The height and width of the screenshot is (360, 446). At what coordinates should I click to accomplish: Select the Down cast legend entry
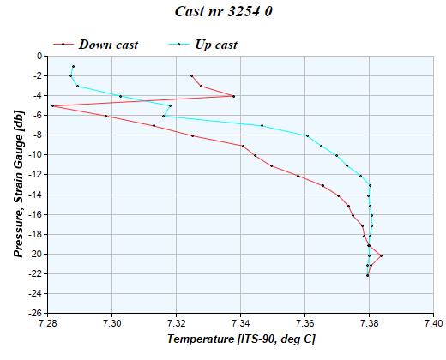108,44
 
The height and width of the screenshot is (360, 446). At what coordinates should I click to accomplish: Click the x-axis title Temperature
240,339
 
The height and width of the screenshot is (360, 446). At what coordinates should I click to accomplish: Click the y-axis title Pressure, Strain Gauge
19,184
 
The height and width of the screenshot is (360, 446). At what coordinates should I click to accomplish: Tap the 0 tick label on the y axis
39,56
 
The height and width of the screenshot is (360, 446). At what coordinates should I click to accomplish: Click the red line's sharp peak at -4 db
233,96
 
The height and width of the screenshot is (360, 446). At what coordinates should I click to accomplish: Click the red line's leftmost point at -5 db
52,105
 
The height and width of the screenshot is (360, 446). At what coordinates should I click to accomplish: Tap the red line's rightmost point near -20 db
381,255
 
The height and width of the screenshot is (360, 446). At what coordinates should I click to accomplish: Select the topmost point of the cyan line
74,66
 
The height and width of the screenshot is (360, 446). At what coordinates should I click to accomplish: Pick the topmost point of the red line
191,75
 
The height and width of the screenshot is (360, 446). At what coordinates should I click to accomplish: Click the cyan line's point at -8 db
307,135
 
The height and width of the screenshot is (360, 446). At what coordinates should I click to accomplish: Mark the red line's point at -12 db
298,176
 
